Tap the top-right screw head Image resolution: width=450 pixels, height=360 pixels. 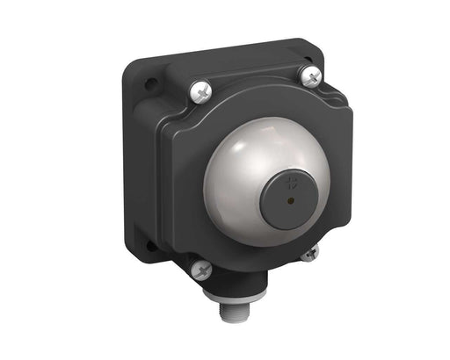(308, 76)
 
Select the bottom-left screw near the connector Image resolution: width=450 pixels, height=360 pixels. (201, 270)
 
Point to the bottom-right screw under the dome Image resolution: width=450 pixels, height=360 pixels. (308, 254)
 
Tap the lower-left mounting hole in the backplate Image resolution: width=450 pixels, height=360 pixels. (151, 247)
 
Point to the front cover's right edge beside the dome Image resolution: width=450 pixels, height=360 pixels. (337, 176)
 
